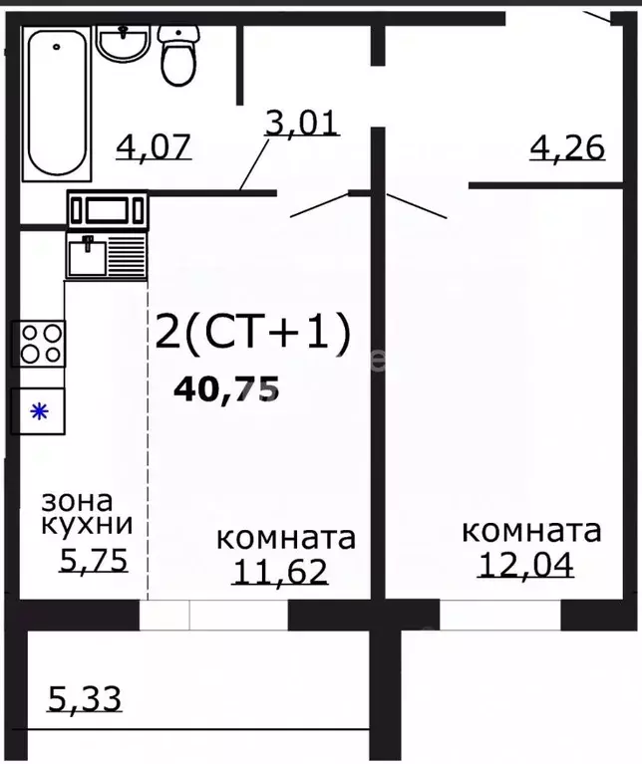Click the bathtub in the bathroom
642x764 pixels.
point(57,103)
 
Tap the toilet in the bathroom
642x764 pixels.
point(179,55)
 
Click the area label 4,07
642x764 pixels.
point(154,147)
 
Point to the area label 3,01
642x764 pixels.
point(302,123)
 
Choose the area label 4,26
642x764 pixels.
point(565,147)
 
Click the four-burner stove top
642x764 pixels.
point(39,344)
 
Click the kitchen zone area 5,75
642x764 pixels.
point(94,562)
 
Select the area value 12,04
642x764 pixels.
point(526,565)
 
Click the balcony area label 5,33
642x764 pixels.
point(85,699)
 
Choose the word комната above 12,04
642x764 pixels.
point(530,531)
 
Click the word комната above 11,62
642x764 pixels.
point(286,539)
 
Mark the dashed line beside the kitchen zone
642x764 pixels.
point(148,448)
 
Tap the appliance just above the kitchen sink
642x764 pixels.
point(108,210)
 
